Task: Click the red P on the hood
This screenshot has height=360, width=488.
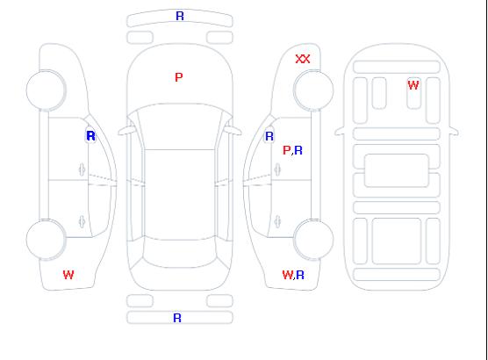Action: coord(179,77)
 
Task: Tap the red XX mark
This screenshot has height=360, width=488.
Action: coord(303,59)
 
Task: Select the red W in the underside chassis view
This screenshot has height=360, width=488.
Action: coord(413,85)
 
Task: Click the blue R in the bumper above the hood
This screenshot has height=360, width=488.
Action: coord(180,16)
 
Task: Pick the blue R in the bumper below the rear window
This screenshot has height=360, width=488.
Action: coord(177,318)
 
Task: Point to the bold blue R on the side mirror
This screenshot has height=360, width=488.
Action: coord(90,136)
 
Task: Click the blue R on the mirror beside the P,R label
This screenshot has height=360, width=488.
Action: coord(269,136)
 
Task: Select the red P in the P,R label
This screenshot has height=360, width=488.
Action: coord(286,150)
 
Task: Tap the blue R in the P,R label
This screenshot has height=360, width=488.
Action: coord(298,150)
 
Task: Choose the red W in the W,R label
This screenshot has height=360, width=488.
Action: coord(288,275)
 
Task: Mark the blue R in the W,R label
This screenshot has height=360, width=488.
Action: coord(300,275)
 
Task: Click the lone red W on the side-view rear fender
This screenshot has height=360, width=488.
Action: coord(68,275)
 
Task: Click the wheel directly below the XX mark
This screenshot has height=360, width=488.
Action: coord(313,90)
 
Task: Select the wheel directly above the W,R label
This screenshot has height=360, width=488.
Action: coord(313,239)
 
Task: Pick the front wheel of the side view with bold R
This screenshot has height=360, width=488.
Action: coord(46,90)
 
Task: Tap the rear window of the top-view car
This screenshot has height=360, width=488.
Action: coord(180,253)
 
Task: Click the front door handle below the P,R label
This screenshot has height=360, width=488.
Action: coord(277,169)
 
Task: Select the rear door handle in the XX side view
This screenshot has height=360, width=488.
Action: coord(277,221)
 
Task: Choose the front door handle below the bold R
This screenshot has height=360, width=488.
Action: coord(82,169)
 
